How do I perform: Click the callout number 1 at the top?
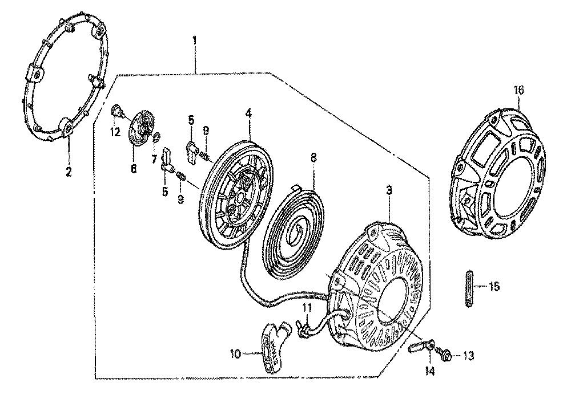194,40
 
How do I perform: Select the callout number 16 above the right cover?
519,90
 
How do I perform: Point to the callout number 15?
494,286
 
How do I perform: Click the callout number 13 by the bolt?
468,356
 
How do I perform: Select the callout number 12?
115,133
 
